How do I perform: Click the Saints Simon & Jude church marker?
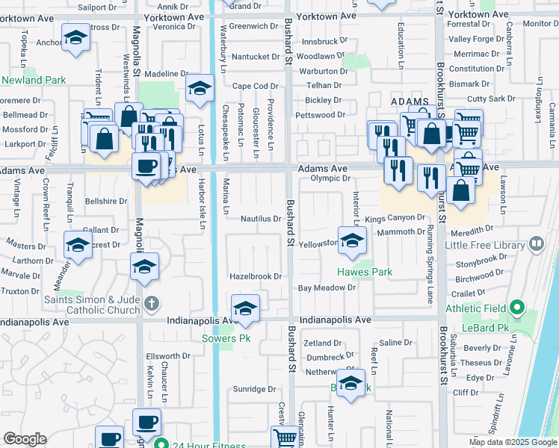152,303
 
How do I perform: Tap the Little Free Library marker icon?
536,244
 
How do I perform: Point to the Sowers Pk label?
226,338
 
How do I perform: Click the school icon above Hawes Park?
351,241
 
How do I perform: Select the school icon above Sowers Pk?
244,308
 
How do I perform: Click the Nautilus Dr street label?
260,219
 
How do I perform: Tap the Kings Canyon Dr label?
395,218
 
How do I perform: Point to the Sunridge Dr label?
254,389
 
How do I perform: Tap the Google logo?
25,439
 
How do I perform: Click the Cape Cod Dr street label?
255,86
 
